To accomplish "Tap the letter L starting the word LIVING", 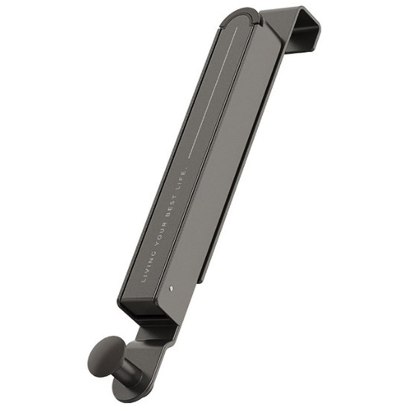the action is [x=143, y=280].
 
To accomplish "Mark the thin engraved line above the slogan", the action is [x=213, y=92].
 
